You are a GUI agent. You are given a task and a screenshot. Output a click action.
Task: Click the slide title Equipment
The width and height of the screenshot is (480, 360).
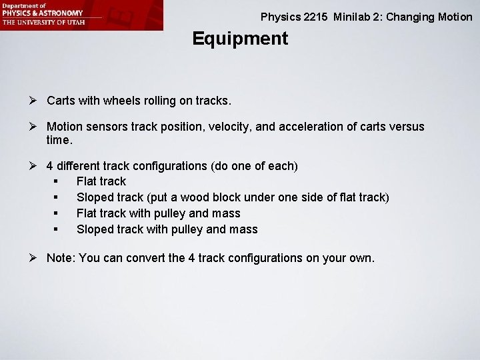tap(240, 39)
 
